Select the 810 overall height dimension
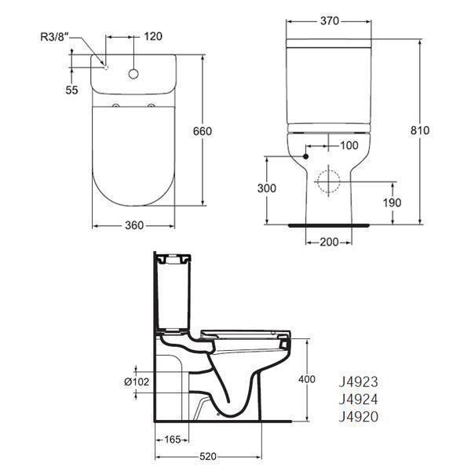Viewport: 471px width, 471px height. [x=420, y=130]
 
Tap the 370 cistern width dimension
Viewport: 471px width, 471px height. [x=330, y=21]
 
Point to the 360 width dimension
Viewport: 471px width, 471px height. [x=133, y=225]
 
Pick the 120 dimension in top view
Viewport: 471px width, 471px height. [x=154, y=36]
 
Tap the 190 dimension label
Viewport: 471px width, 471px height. [x=392, y=203]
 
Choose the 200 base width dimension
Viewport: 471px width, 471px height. [x=329, y=242]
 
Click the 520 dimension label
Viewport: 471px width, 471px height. [x=207, y=455]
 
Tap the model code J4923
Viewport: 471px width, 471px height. [x=357, y=382]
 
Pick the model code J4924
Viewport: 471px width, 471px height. [x=357, y=400]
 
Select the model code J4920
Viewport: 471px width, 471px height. [x=357, y=417]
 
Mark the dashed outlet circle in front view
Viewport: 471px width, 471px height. [x=328, y=182]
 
